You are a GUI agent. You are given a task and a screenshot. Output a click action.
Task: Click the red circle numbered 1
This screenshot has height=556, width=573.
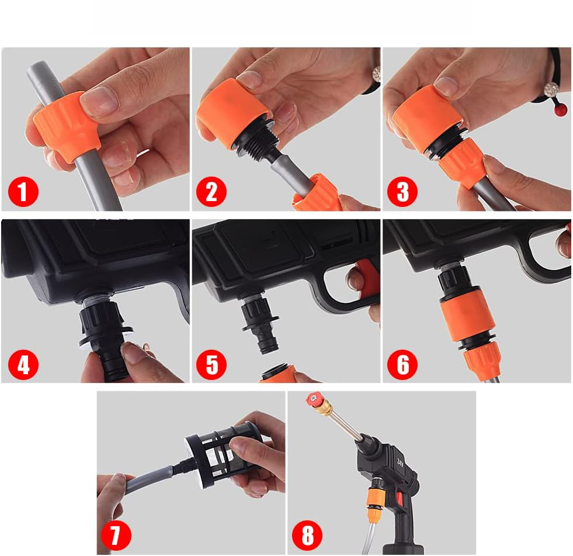tap(23, 191)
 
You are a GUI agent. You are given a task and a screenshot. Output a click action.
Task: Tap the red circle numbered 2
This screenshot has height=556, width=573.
tap(211, 191)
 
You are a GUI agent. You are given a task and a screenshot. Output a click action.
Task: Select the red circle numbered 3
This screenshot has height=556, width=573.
tap(402, 191)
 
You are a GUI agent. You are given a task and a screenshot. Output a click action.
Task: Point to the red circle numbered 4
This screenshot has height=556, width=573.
tap(23, 364)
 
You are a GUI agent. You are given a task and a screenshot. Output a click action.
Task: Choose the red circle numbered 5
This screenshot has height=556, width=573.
tap(211, 364)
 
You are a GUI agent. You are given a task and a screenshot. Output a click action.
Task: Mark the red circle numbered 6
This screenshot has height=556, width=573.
tap(402, 364)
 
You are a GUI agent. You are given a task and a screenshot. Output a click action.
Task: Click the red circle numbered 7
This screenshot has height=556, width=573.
tap(116, 535)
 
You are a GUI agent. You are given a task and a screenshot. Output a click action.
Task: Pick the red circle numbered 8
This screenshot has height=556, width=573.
tap(307, 535)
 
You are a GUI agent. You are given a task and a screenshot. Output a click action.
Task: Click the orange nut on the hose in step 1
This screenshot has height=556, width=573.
tap(66, 126)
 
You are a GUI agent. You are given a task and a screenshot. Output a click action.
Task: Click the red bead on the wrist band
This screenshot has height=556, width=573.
tap(560, 109)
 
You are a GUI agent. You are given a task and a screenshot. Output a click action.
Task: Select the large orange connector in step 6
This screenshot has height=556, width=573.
tap(467, 315)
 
